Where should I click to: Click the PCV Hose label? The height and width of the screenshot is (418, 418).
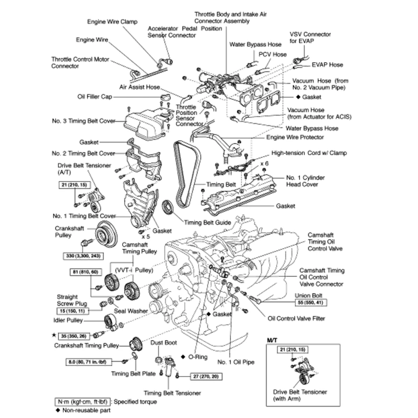click(273, 54)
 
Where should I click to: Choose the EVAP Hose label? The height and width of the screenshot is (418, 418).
click(327, 65)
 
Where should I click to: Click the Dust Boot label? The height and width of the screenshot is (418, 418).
click(164, 343)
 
